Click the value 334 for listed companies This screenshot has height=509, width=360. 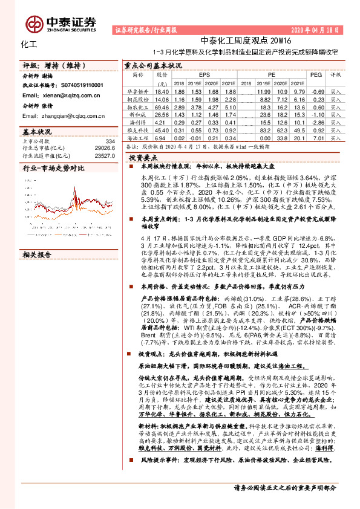pyautogui.click(x=110, y=140)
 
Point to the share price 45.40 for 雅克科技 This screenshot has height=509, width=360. pyautogui.click(x=161, y=129)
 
